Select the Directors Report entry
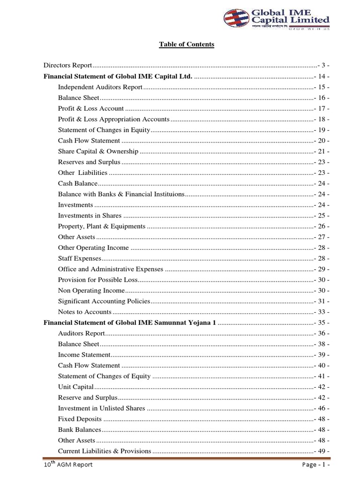(67, 65)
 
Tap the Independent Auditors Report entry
(100, 87)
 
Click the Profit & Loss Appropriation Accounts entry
(113, 119)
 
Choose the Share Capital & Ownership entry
(98, 151)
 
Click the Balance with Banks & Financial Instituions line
(121, 194)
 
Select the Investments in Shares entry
(90, 216)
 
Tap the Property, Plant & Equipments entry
(102, 226)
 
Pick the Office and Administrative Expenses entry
(110, 269)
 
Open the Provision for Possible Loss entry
(97, 280)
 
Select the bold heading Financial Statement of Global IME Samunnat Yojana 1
(130, 322)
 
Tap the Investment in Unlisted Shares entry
(101, 408)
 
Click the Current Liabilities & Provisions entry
(105, 451)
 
